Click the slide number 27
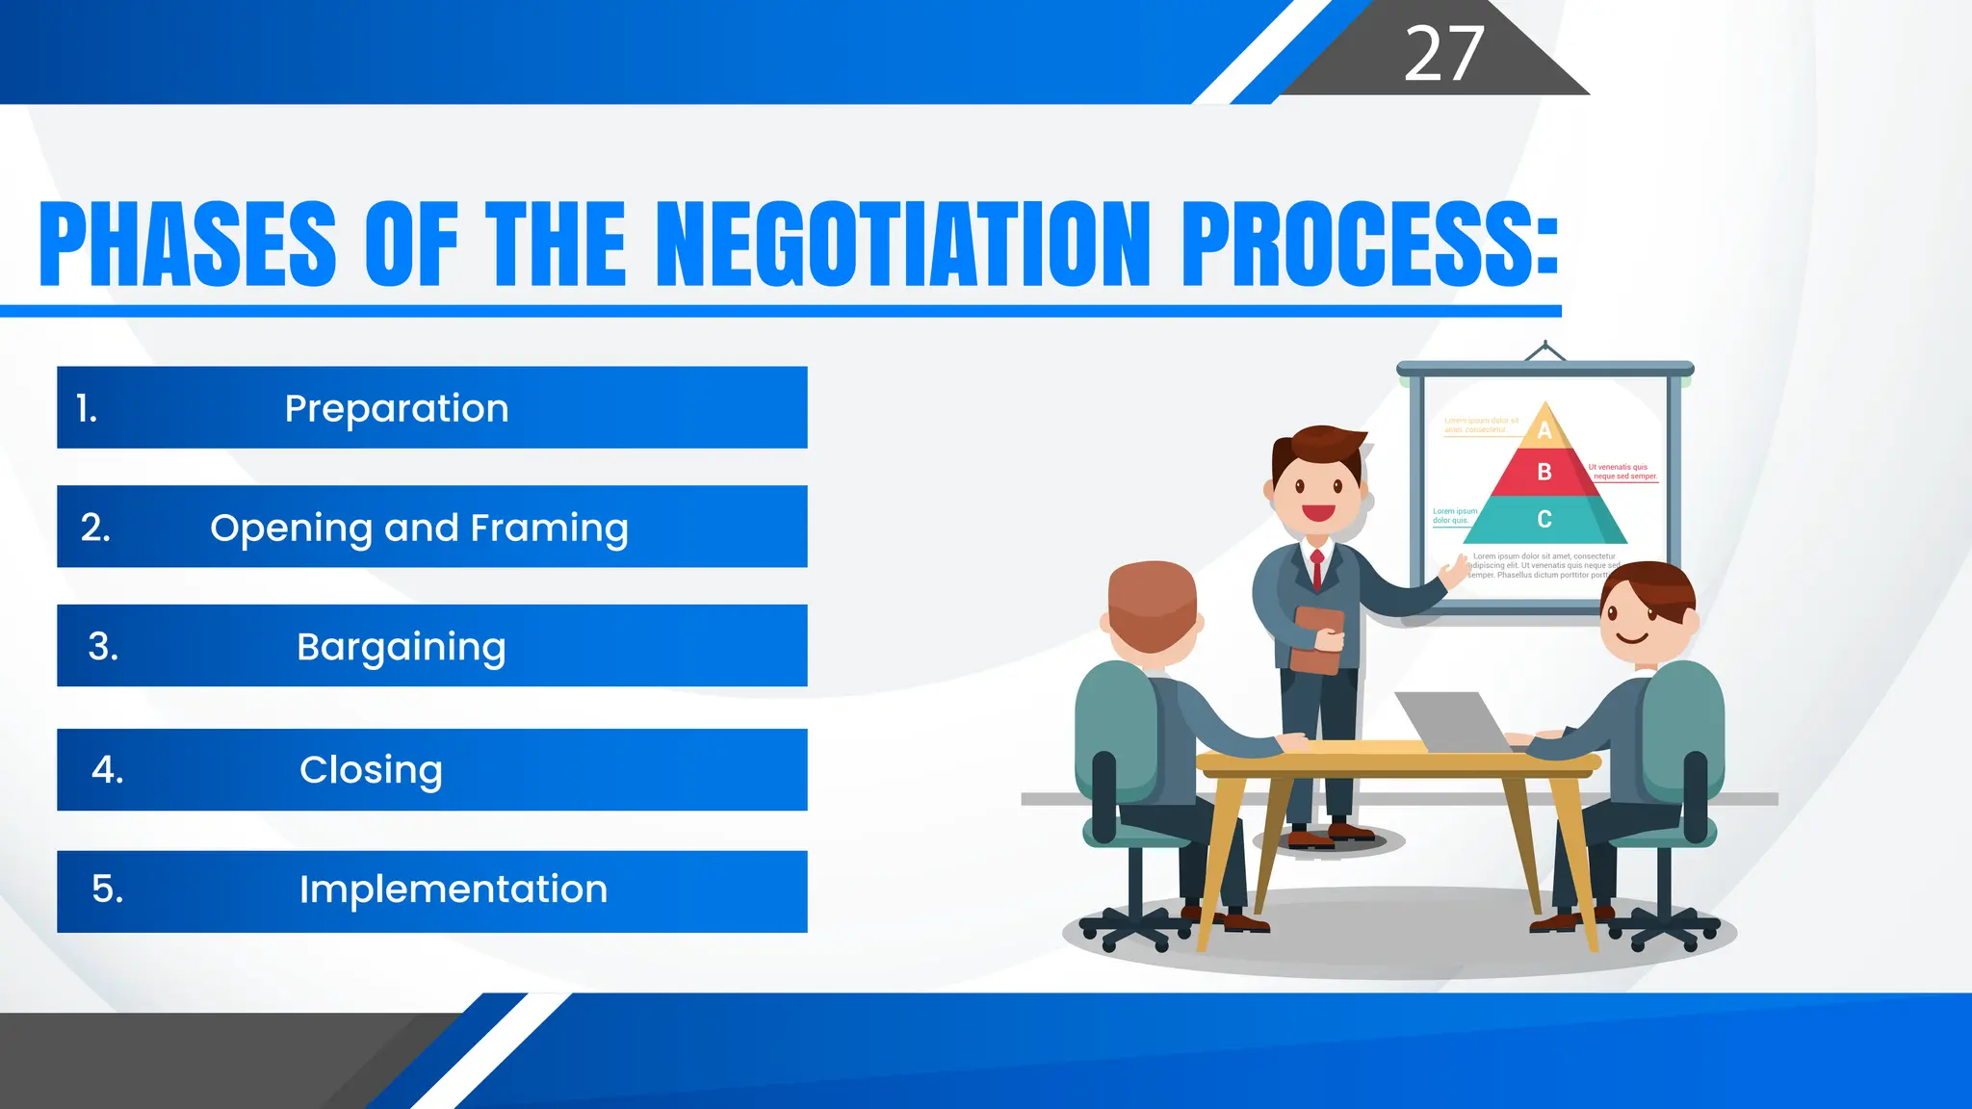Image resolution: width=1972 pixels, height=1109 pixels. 1443,54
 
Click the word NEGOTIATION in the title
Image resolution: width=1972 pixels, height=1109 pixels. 908,245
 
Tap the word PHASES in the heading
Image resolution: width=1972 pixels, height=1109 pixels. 188,245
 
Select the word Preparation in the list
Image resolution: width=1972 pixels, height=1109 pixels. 397,408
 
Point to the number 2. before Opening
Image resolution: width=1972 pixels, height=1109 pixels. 95,528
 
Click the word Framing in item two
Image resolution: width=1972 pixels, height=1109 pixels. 549,529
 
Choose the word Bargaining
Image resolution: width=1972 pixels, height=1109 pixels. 401,647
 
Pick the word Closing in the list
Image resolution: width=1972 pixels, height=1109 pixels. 371,770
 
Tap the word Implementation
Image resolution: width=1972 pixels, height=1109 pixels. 453,890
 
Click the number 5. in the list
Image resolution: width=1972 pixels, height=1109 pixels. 108,889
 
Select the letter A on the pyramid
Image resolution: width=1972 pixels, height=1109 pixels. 1544,430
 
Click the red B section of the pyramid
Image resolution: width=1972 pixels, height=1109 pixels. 1544,472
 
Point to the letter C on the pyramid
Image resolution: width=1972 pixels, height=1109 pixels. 1544,520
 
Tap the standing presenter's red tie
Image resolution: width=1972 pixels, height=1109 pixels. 1317,569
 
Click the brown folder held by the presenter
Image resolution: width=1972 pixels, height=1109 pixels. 1316,639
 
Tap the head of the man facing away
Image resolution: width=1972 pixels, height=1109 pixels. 1152,606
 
